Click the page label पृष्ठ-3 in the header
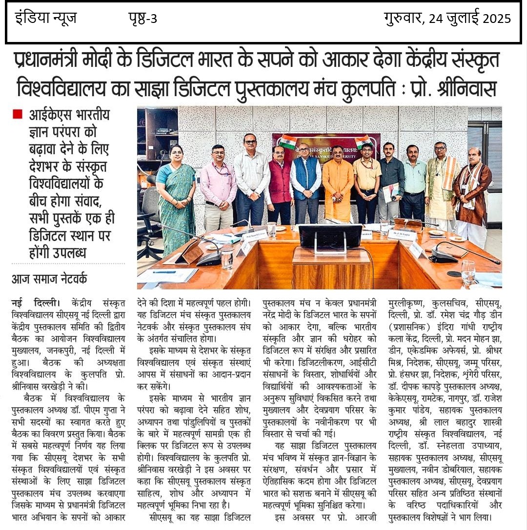point(142,19)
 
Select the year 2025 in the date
point(497,19)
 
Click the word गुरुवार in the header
point(404,19)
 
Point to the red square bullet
point(18,115)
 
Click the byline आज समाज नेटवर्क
point(49,279)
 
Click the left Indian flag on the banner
point(288,142)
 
